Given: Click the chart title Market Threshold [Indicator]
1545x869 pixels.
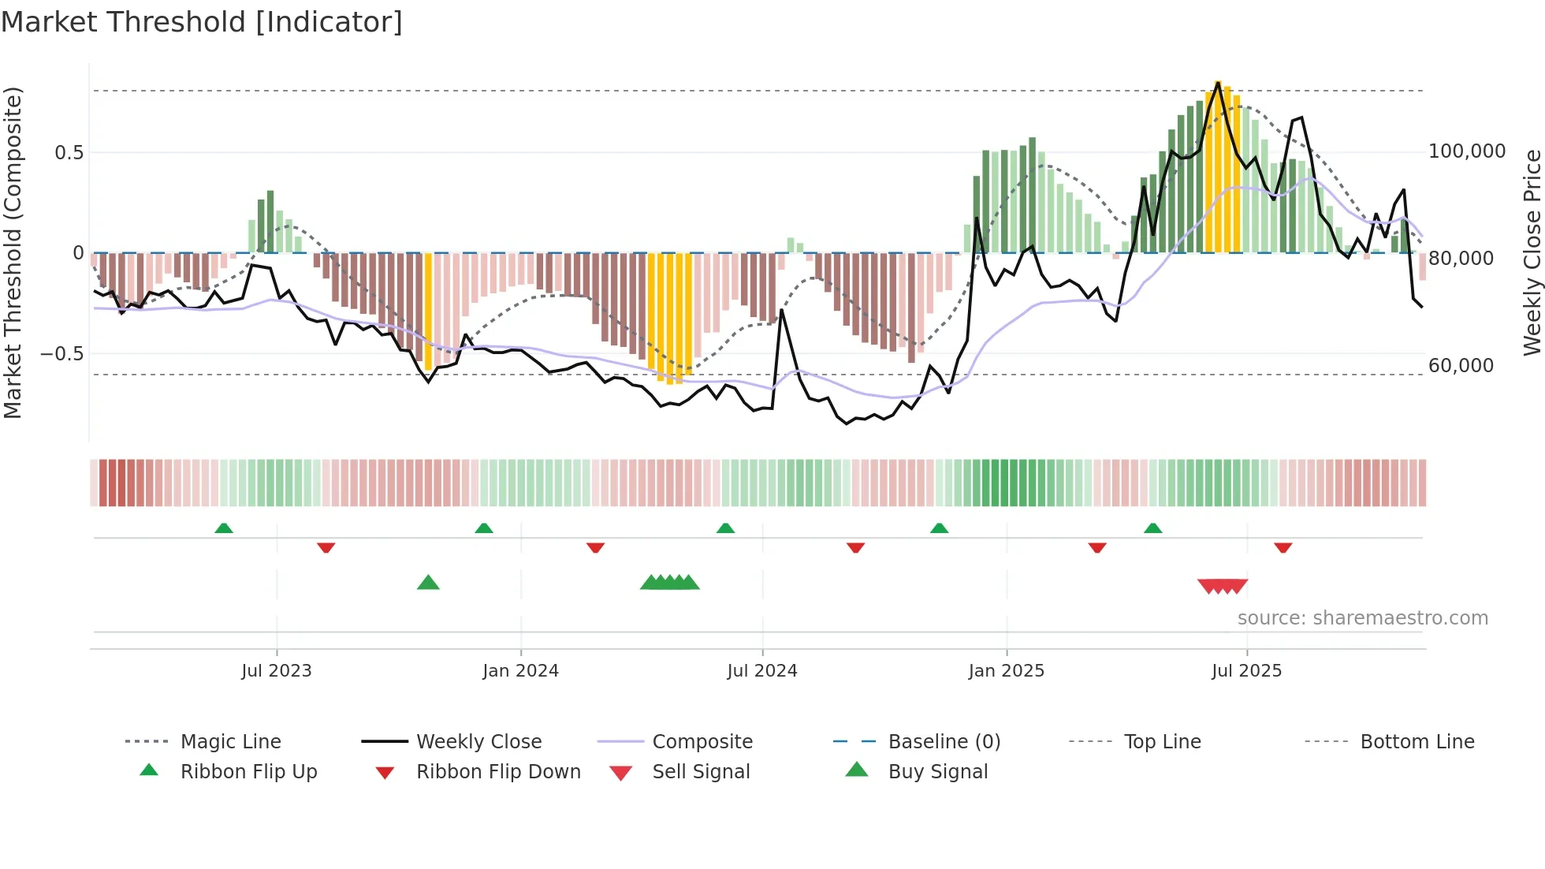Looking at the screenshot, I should coord(202,22).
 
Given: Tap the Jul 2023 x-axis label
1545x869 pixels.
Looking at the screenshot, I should coord(277,671).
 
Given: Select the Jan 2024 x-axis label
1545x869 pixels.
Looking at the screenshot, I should coord(520,671).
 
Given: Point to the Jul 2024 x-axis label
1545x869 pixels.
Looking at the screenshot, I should coord(762,671).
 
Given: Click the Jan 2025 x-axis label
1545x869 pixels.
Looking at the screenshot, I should coord(1007,671).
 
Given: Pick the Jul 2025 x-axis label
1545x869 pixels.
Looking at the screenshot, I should coord(1247,671).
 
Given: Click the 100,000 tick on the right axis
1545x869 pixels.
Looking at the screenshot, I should coord(1467,151).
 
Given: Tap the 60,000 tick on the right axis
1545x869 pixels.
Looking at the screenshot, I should coord(1461,366).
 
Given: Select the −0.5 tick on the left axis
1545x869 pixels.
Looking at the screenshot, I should coord(62,354).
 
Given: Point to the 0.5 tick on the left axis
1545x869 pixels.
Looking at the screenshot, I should coord(69,153).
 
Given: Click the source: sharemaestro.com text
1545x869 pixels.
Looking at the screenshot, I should coord(1362,618).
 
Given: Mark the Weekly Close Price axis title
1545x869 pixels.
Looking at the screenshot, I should coord(1532,252).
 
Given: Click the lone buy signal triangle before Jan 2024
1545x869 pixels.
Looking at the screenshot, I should coord(428,583).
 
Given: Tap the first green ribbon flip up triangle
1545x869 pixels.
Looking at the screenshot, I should coord(224,528).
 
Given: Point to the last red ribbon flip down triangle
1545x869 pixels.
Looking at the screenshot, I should coord(1283,547).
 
